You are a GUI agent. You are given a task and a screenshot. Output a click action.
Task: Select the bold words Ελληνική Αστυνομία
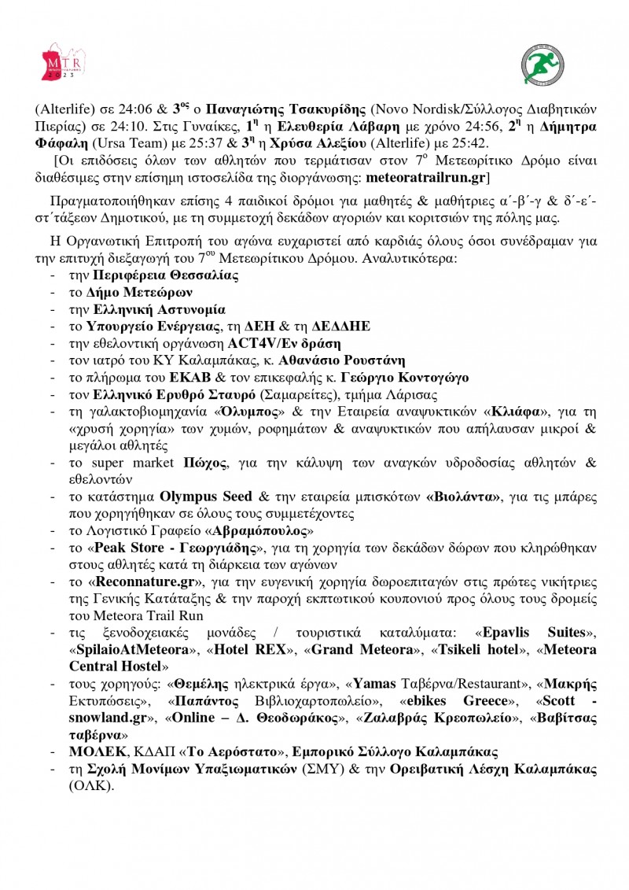[x=159, y=309]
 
